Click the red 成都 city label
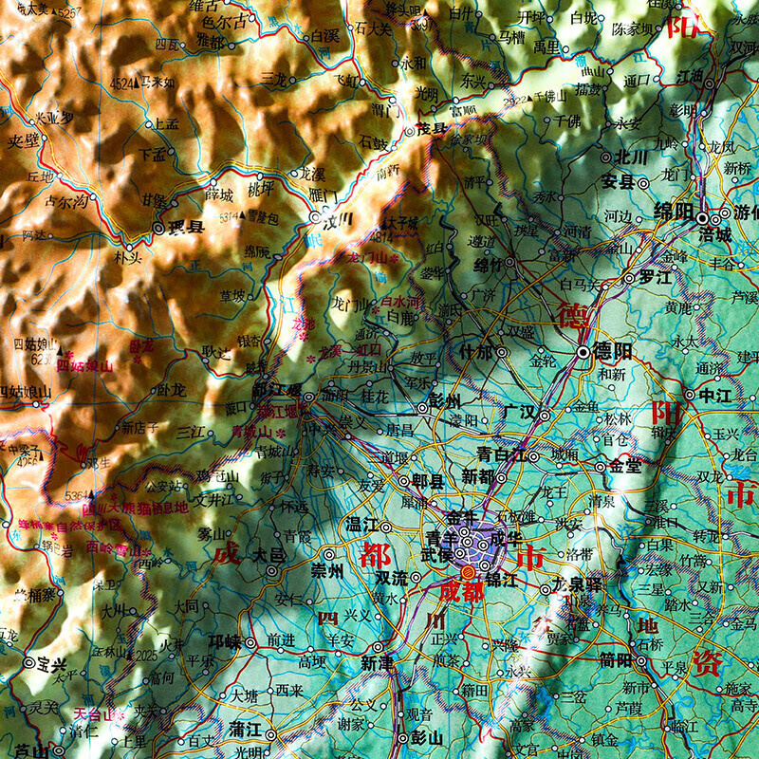462,590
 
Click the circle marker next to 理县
158,228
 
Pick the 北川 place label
629,157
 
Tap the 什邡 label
477,351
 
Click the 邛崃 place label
226,642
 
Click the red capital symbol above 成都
467,572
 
